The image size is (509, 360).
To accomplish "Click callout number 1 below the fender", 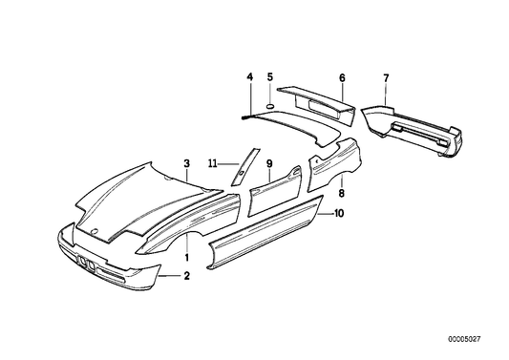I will pyautogui.click(x=187, y=256).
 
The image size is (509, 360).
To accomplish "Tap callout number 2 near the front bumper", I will pyautogui.click(x=187, y=276).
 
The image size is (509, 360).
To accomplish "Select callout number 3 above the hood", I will pyautogui.click(x=187, y=163).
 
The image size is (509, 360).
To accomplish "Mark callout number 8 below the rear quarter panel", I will pyautogui.click(x=341, y=194).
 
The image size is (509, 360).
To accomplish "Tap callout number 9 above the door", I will pyautogui.click(x=270, y=163).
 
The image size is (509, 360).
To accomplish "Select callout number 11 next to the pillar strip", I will pyautogui.click(x=215, y=163).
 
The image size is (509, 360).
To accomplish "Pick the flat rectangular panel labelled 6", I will pyautogui.click(x=322, y=96).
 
